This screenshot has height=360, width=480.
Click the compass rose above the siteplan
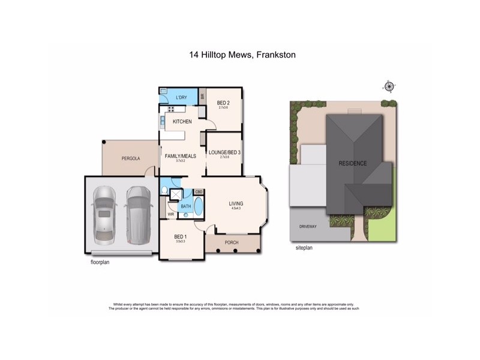coord(389,87)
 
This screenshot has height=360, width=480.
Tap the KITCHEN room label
coord(182,122)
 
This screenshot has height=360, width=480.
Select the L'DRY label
coord(182,97)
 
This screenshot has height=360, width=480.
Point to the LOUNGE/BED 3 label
coord(224,153)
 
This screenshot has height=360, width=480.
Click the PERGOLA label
coord(130,158)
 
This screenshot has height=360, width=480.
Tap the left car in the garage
coord(104,214)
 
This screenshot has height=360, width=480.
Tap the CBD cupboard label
coord(199,191)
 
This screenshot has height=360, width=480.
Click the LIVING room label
coord(236,204)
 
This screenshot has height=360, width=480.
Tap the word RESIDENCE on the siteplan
coord(352,163)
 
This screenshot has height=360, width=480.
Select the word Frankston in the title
coord(275,55)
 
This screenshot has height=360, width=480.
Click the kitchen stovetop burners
coord(171,109)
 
